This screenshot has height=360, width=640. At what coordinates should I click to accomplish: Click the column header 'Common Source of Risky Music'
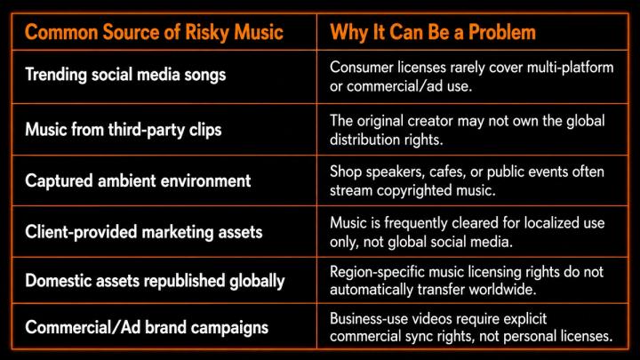tap(154, 33)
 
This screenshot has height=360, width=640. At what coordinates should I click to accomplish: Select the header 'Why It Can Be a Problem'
tap(433, 33)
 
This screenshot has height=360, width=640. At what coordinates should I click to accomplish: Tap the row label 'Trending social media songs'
tap(125, 75)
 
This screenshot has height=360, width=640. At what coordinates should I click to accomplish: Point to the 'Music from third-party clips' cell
tap(124, 130)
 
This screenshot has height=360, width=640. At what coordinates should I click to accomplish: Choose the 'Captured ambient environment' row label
tap(138, 180)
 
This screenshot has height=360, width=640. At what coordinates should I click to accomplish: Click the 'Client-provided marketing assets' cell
tap(144, 232)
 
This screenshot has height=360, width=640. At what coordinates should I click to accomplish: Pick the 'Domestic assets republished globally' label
tap(155, 281)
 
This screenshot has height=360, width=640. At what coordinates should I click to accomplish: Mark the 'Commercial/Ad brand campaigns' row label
tap(147, 327)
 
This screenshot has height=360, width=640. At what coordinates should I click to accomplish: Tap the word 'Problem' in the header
tap(501, 33)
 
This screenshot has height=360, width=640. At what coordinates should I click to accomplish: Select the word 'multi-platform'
tap(570, 68)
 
